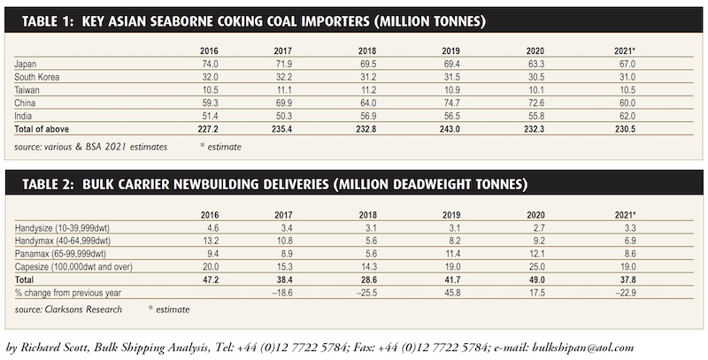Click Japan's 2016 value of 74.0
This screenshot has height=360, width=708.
[x=210, y=64]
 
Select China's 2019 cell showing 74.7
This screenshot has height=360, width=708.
[x=451, y=103]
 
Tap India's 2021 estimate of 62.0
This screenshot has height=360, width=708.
[x=627, y=116]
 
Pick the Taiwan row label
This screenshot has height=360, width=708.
[x=27, y=89]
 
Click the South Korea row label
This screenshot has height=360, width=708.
[x=36, y=77]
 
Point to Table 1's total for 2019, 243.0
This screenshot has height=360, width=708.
[x=450, y=129]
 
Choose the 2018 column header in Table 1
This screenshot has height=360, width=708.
[x=367, y=51]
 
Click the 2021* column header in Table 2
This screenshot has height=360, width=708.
[x=626, y=215]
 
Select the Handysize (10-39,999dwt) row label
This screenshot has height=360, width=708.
[x=62, y=228]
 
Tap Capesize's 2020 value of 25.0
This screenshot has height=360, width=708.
[x=536, y=266]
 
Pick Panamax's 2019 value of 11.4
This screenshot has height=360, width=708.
[x=451, y=254]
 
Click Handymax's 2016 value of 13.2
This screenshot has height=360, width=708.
[x=211, y=241]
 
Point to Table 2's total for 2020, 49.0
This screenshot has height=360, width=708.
[x=536, y=280]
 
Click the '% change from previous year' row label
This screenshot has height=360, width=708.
[x=68, y=293]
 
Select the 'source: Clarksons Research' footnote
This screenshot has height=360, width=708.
[x=68, y=310]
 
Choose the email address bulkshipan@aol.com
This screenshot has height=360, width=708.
[x=583, y=348]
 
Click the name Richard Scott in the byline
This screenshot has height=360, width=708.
[x=54, y=348]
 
